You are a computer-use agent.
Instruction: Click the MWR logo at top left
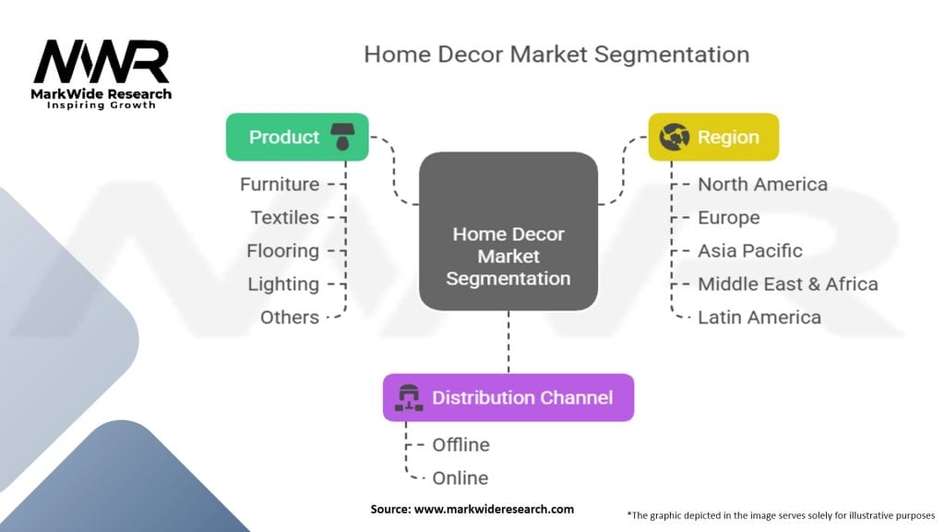(102, 72)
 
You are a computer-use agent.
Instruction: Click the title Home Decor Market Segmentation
(556, 54)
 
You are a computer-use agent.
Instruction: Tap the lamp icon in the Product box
(342, 137)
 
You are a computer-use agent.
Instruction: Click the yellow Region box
(713, 138)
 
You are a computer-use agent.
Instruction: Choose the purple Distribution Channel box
(508, 398)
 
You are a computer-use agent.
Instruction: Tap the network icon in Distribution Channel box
(408, 398)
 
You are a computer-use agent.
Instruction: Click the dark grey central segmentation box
(508, 231)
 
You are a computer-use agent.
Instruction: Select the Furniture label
(280, 185)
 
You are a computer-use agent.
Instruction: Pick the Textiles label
(284, 218)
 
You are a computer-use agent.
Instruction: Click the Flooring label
(282, 251)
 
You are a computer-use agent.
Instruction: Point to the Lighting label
(282, 284)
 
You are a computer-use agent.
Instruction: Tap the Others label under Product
(290, 318)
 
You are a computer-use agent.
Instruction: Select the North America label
(762, 185)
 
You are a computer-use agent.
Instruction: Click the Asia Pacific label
(749, 251)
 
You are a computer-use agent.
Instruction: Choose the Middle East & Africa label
(787, 284)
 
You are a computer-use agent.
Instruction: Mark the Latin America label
(759, 318)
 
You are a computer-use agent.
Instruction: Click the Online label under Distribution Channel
(460, 478)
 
